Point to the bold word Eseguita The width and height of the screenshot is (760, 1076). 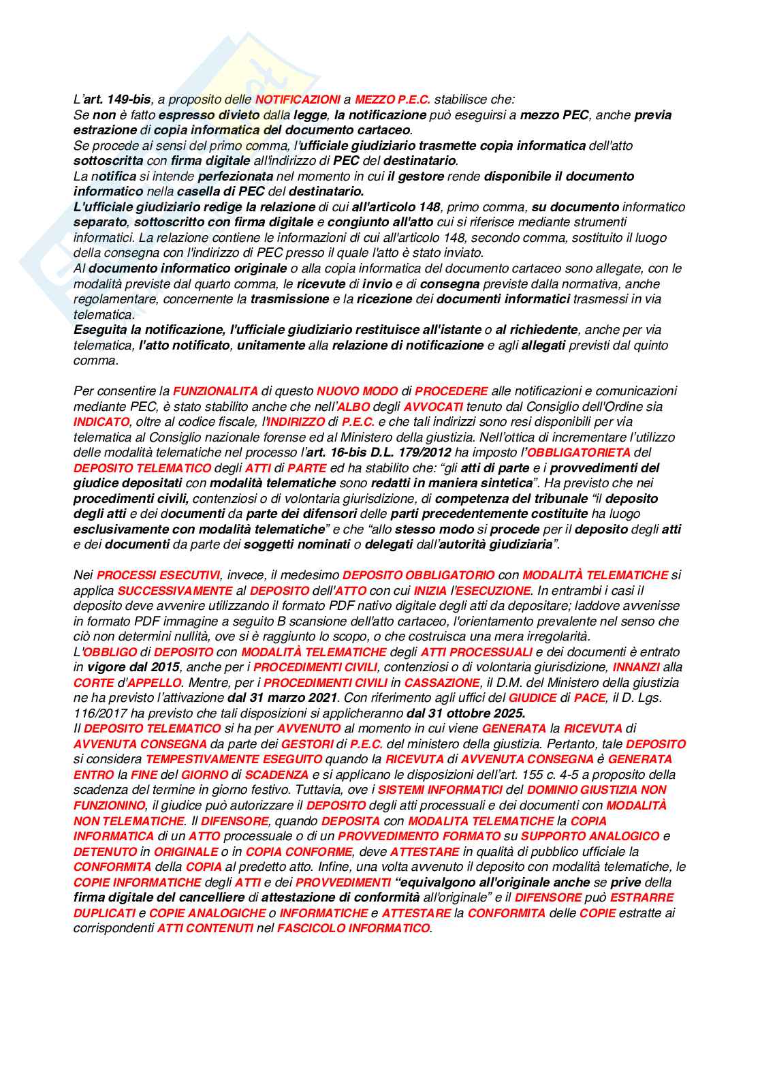pyautogui.click(x=100, y=330)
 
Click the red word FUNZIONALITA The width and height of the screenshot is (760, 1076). pyautogui.click(x=215, y=391)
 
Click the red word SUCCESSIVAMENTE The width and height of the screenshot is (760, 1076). pyautogui.click(x=175, y=591)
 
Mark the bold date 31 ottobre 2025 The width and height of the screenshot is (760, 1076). pyautogui.click(x=466, y=713)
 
